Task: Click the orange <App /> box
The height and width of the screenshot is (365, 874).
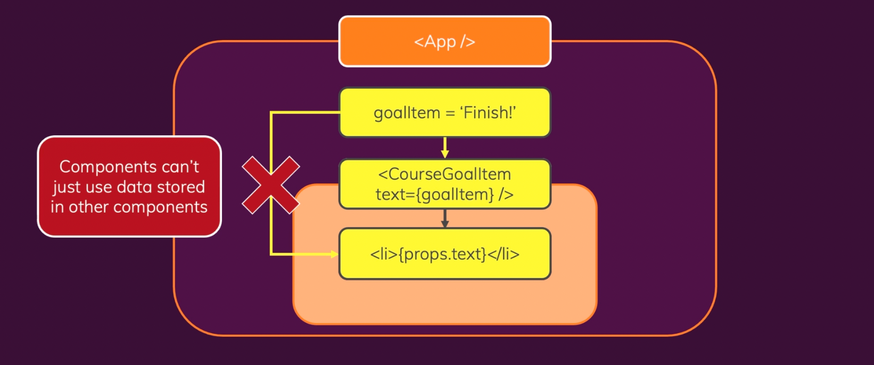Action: (444, 42)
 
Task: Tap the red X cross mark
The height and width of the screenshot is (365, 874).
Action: (271, 185)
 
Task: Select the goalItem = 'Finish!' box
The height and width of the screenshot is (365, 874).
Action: (444, 112)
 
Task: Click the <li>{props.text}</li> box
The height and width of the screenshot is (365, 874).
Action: (444, 254)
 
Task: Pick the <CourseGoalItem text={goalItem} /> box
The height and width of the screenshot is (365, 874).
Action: (444, 184)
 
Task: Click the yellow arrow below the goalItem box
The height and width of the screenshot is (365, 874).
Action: (445, 147)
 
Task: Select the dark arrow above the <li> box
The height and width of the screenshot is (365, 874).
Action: (445, 218)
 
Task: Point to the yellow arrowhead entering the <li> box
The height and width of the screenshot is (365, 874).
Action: (334, 254)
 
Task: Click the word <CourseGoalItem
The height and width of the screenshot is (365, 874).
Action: (444, 174)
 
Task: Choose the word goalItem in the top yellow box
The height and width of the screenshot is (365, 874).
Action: (407, 113)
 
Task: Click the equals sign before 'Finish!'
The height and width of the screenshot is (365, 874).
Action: (450, 113)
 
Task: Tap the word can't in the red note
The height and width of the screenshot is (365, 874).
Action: (180, 167)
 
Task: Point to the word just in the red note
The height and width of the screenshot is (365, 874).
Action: (67, 188)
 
